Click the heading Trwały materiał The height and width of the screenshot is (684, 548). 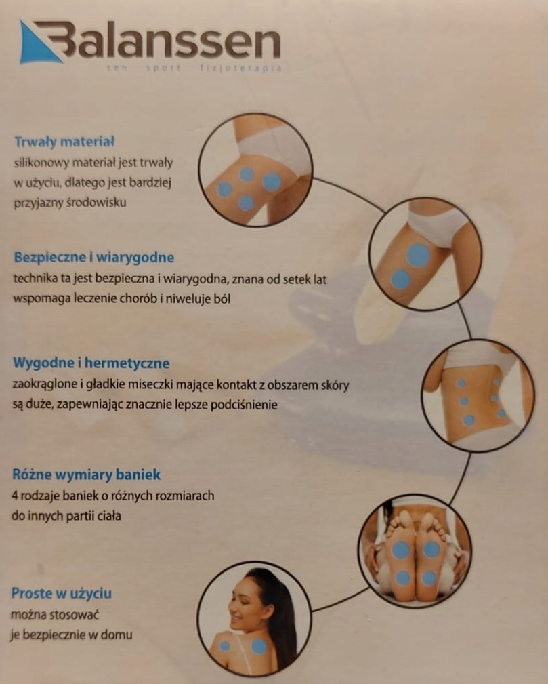click(x=64, y=142)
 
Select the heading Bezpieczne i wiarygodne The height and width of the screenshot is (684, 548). click(x=93, y=258)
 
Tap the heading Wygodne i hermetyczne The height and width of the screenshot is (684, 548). click(x=91, y=363)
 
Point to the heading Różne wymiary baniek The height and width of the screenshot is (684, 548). click(x=86, y=475)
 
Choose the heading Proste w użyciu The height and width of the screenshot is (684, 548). click(x=62, y=593)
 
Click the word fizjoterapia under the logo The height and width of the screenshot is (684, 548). click(x=240, y=68)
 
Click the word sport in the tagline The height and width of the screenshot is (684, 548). click(x=163, y=68)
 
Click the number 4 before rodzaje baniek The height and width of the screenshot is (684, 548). click(x=14, y=496)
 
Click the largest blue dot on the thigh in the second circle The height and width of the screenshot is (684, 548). click(x=419, y=256)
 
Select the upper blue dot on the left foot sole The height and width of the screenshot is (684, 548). click(x=400, y=550)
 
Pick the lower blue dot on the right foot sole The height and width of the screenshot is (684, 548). click(x=429, y=578)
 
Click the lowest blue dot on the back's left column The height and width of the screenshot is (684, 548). click(x=469, y=420)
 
